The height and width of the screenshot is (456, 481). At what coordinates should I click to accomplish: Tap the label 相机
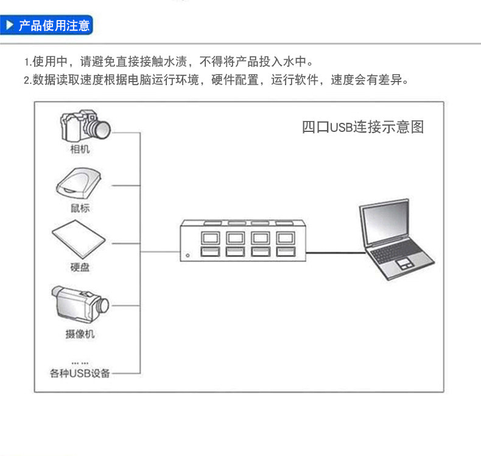point(79,149)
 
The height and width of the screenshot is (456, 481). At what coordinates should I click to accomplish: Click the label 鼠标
point(79,208)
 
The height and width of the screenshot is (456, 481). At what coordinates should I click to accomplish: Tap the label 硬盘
point(79,268)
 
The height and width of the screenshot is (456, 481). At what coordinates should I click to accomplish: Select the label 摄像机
point(80,334)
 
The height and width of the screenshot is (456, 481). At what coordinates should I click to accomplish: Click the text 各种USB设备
point(80,373)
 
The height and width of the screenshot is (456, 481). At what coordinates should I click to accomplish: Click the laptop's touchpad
point(404,264)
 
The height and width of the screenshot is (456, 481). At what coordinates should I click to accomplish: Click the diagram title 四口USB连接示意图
point(362,127)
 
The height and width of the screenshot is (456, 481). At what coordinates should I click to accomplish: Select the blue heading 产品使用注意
point(54,26)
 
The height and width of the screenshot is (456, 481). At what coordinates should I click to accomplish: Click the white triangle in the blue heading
point(10,26)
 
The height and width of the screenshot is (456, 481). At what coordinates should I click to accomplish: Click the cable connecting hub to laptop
point(335,248)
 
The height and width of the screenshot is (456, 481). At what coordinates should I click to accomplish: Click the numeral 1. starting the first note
point(27,63)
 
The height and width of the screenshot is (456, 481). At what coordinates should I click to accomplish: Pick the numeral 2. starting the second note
point(27,80)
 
